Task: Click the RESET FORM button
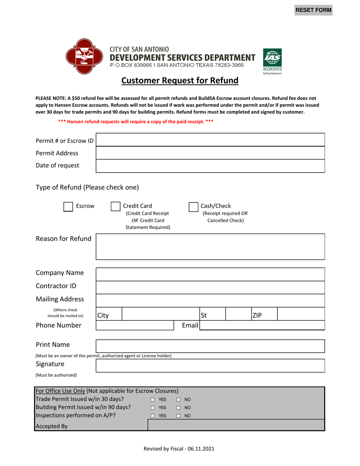pos(313,10)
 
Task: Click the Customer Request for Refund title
pos(180,81)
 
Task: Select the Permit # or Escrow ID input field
pos(210,140)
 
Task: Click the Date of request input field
pos(210,166)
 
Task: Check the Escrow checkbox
pos(68,207)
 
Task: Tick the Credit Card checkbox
pos(115,207)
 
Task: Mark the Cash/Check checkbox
pos(193,207)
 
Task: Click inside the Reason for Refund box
pos(210,247)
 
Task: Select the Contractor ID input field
pos(210,287)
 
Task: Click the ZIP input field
pos(301,314)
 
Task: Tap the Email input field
pos(262,325)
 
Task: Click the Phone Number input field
pos(135,325)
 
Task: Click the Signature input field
pos(210,366)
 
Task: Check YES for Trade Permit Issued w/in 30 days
pos(152,400)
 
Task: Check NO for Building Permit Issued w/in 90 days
pos(178,408)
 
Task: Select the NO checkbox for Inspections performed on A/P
pos(178,416)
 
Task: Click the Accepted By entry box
pos(236,425)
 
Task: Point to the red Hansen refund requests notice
pos(135,121)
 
